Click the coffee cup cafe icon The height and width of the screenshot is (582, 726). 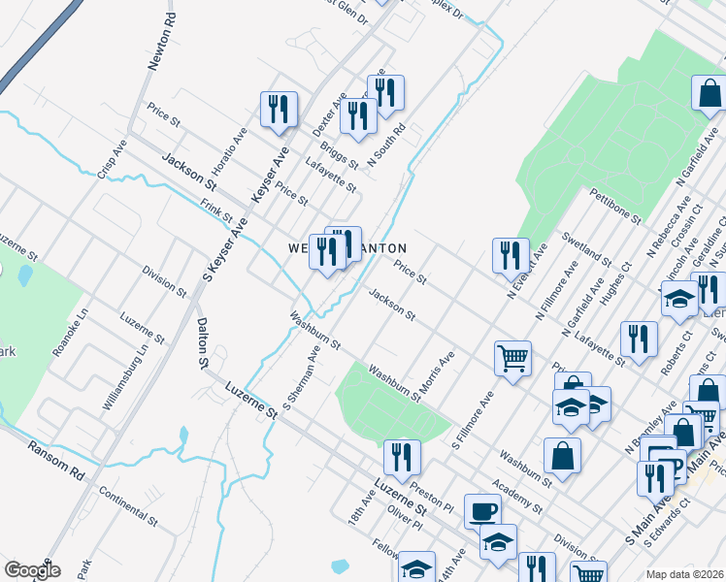482,510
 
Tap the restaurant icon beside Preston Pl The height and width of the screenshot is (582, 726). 401,456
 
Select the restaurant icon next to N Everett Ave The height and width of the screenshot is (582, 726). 510,255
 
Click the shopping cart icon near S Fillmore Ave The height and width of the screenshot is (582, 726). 512,357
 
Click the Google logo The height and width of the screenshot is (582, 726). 32,570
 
